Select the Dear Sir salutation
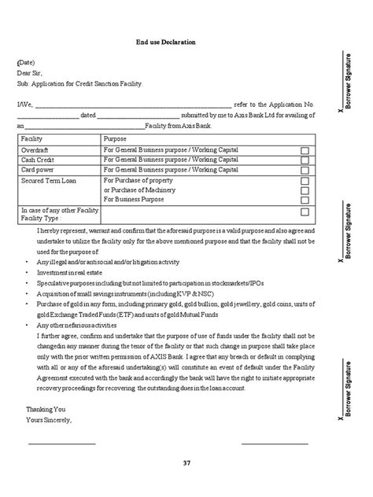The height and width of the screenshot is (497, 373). pos(32,72)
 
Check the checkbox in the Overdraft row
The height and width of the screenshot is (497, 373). pos(305,149)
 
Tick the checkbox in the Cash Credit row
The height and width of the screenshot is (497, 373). pos(305,160)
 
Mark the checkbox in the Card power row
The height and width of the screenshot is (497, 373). pos(305,170)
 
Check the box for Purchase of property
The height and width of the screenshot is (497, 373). pos(305,180)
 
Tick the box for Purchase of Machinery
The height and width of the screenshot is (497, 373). pos(305,190)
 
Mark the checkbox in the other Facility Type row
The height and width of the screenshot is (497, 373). pos(305,212)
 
